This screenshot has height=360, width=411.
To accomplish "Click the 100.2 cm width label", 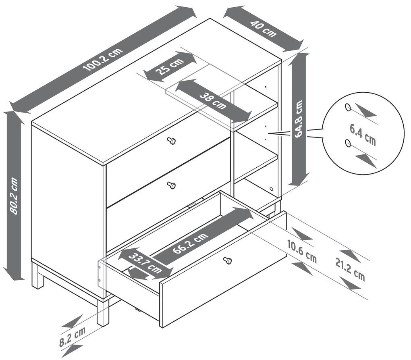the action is pyautogui.click(x=103, y=60).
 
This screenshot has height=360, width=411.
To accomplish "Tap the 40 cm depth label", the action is pyautogui.click(x=263, y=28).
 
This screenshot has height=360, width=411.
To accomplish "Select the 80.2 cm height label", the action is pyautogui.click(x=13, y=196).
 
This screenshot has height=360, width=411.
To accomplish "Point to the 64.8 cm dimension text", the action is pyautogui.click(x=299, y=119).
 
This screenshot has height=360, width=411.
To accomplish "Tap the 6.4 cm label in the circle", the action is pyautogui.click(x=363, y=134).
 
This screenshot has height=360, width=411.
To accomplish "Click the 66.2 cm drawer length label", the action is pyautogui.click(x=190, y=243).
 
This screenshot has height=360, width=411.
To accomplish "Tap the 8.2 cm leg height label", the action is pyautogui.click(x=73, y=337).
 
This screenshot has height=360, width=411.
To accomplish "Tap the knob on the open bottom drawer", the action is pyautogui.click(x=228, y=260).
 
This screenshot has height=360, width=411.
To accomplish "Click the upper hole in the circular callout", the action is pyautogui.click(x=348, y=107).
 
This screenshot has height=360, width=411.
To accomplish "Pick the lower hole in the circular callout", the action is pyautogui.click(x=348, y=143).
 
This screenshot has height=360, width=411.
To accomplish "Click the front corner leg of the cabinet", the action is pyautogui.click(x=103, y=312).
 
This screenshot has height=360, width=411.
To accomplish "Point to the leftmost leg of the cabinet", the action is pyautogui.click(x=38, y=277).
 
